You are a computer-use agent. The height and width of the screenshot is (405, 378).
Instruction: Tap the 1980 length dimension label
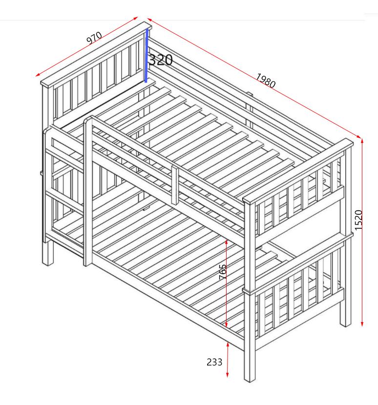pyautogui.click(x=265, y=81)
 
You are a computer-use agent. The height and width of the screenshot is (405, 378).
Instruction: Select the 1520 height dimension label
pyautogui.click(x=358, y=220)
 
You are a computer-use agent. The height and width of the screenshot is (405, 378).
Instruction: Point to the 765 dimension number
pyautogui.click(x=223, y=273)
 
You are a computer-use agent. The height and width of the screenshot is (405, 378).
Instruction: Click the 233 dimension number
pyautogui.click(x=214, y=362)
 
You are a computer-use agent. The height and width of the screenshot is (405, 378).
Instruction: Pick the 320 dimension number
pyautogui.click(x=161, y=61)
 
